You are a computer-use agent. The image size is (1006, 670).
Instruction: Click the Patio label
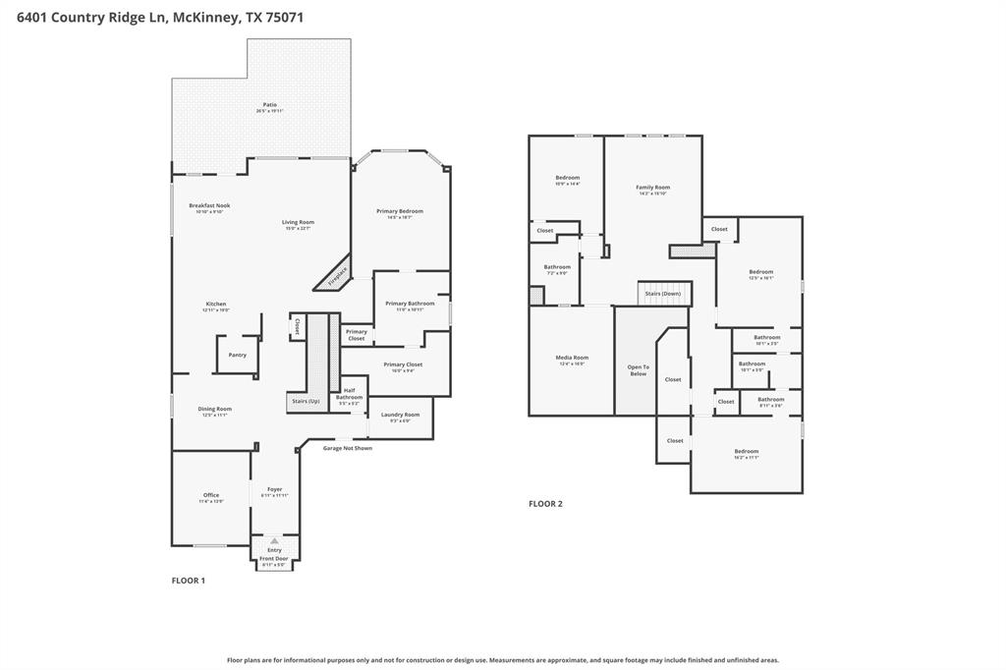269,107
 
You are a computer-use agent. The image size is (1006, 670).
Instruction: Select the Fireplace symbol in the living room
335,274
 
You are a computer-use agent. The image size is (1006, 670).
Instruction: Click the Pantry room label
237,355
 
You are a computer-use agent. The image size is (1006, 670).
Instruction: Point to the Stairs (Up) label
305,401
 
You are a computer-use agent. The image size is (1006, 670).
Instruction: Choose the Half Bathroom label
349,396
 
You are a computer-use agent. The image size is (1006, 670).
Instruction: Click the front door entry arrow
274,540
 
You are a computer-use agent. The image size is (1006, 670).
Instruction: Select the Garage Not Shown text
348,448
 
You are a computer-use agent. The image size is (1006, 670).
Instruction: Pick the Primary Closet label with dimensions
403,366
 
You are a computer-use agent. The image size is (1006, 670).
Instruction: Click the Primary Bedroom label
400,213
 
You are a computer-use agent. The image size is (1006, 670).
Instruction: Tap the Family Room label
652,190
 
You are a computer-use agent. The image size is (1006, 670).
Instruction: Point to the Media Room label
571,360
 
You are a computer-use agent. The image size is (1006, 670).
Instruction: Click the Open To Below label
638,370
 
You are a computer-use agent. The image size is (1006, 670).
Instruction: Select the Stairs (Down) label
663,294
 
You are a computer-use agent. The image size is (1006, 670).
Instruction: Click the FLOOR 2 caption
545,504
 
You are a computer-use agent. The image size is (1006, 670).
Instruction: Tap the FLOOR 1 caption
189,581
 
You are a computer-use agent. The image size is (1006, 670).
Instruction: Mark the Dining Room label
215,411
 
